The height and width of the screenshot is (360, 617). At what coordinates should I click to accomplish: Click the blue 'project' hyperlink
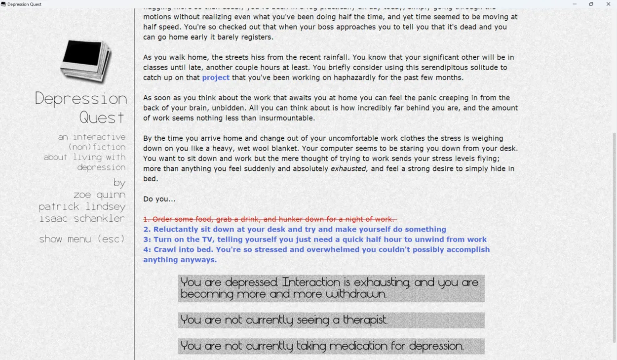coord(216,78)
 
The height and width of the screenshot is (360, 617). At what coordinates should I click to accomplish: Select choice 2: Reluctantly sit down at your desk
coord(295,229)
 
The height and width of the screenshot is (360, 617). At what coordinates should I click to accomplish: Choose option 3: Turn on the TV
coord(315,240)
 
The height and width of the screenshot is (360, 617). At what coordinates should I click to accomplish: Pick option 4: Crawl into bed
coord(316,250)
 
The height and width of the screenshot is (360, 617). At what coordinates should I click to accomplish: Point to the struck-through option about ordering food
coord(270,219)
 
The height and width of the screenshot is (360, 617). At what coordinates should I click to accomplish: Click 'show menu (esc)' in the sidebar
coord(82,239)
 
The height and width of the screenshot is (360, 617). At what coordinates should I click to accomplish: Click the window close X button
coord(608,4)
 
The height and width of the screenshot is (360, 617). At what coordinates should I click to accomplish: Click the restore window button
coord(591,4)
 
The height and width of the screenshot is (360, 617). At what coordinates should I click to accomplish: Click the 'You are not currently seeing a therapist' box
coord(331,320)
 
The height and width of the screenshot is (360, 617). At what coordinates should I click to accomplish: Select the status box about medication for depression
coord(331,346)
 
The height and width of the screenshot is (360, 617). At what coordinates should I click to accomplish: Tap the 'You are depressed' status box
coord(331,288)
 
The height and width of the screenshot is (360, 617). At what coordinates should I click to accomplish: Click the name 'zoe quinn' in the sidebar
coord(99,195)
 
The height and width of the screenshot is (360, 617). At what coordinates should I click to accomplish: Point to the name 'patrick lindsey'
coord(82,207)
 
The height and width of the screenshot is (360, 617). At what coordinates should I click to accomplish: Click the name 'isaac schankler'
coord(82,219)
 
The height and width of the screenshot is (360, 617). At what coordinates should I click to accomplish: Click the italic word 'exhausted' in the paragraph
coord(349,169)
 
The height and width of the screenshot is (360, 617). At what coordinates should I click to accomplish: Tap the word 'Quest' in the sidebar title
coord(102,118)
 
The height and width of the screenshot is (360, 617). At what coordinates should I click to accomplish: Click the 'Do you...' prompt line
coord(159,199)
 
